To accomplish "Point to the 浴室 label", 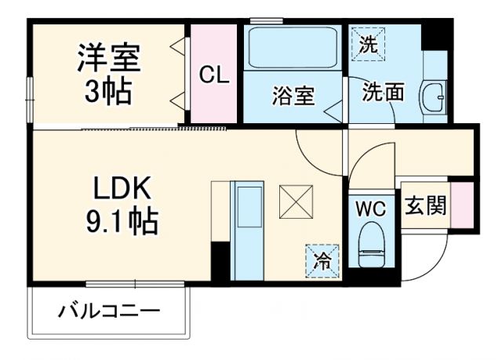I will [x=293, y=96].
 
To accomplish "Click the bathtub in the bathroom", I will [x=292, y=49].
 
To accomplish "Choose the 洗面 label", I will [x=383, y=93].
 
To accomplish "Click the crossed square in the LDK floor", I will [x=296, y=202].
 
